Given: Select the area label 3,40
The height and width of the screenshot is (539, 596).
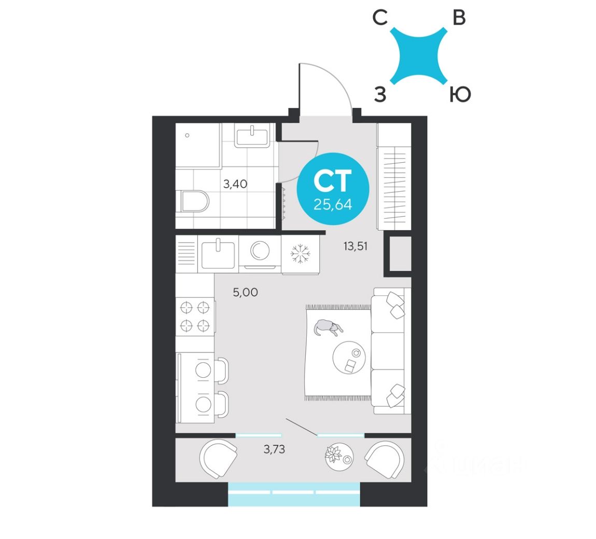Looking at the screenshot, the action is pos(235,183).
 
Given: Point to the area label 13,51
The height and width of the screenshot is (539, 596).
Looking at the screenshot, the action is pos(355,246).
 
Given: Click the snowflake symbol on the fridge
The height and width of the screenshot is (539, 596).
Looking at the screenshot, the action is pos(300,254).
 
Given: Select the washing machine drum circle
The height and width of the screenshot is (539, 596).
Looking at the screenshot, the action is pos(259,251).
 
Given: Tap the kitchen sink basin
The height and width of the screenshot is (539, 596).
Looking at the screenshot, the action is pos(218,254).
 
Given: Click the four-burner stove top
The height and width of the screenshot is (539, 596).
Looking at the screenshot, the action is pos(195,317).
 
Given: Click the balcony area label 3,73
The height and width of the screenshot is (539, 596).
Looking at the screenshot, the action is pos(274,449).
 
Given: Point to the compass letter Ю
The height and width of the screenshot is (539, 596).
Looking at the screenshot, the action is pos(460,95).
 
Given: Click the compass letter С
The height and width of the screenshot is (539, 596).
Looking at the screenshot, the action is pos(380,19).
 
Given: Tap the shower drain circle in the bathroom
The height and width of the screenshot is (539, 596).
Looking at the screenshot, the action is pos(187,136).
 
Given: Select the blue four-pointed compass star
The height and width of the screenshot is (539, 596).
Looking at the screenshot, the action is pos(419,56).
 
